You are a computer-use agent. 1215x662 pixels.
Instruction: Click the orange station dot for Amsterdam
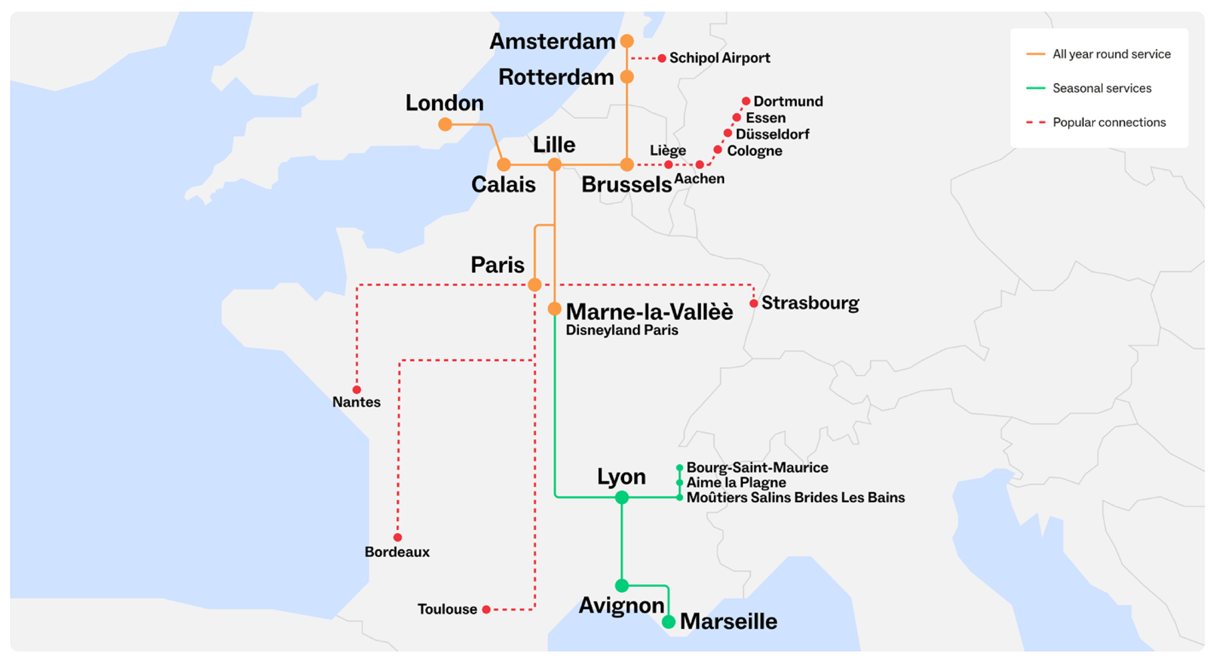click(x=627, y=41)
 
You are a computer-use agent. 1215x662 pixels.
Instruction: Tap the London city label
click(x=445, y=103)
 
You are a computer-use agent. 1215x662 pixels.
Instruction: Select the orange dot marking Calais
click(x=504, y=165)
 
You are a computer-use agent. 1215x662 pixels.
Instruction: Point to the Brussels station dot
click(x=627, y=165)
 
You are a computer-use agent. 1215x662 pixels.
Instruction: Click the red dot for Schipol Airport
click(x=662, y=58)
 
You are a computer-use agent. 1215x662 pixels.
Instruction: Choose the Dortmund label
click(x=788, y=102)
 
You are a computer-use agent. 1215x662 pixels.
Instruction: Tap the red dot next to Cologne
click(x=718, y=150)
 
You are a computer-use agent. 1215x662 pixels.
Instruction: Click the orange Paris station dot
click(x=535, y=285)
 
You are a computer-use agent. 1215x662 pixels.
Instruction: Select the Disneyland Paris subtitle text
click(x=622, y=330)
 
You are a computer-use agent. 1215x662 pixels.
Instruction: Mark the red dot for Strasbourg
click(x=754, y=304)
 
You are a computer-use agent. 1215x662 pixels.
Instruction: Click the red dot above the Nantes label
click(x=357, y=390)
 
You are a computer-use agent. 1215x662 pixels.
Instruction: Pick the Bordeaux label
click(x=397, y=552)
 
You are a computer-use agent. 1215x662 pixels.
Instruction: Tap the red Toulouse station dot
click(x=486, y=609)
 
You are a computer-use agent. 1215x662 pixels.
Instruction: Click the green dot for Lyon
click(x=622, y=497)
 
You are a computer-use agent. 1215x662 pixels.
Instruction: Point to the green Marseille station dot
click(x=669, y=622)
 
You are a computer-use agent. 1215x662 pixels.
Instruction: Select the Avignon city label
click(x=621, y=606)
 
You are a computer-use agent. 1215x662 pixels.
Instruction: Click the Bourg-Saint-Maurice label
click(x=757, y=468)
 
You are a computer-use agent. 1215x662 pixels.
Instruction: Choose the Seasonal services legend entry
click(x=1102, y=88)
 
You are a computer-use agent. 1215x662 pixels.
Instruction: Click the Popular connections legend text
click(x=1109, y=122)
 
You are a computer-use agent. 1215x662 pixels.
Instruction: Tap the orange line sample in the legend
click(x=1036, y=54)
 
